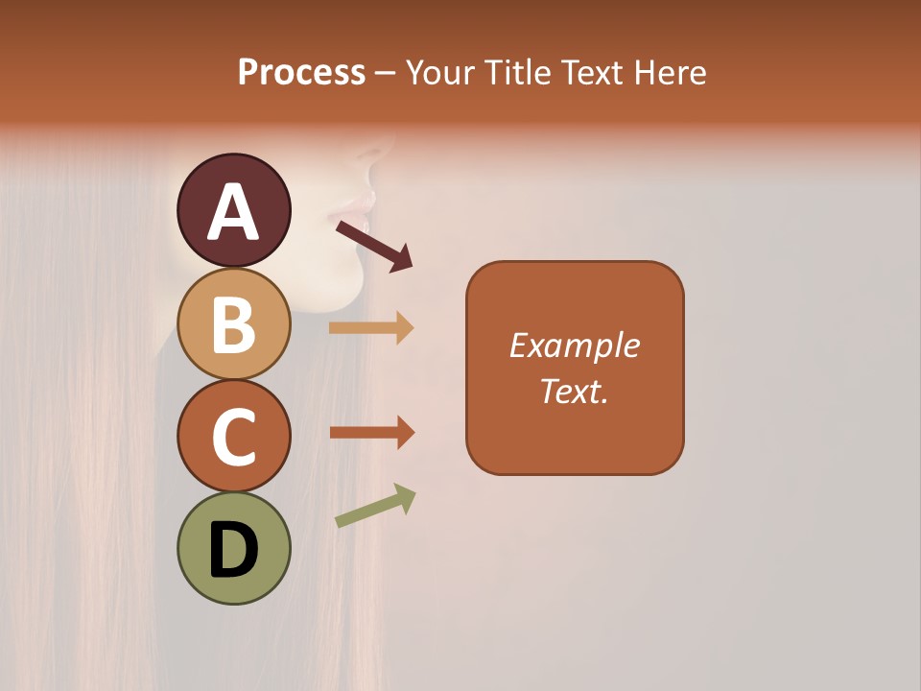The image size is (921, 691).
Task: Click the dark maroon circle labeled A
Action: [x=234, y=210]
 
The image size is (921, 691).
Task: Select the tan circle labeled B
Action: [x=234, y=323]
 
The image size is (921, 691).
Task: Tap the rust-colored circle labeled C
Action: [x=234, y=436]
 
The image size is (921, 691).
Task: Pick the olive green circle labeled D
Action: [x=234, y=548]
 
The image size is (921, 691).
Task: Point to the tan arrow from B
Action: [x=371, y=328]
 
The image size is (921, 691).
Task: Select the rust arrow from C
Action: [x=371, y=433]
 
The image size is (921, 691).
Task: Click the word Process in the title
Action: [x=301, y=73]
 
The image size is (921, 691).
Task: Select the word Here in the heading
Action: [x=671, y=73]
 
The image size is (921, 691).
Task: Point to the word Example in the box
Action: [x=574, y=345]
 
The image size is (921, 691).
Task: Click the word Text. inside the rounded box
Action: [x=574, y=391]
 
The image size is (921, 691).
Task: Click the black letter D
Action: [x=234, y=550]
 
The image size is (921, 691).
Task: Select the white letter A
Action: [x=234, y=212]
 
